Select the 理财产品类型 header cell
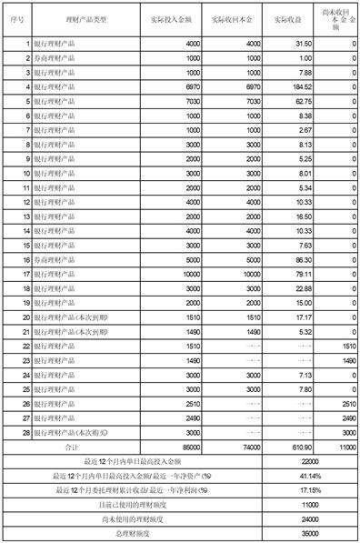(x=85, y=18)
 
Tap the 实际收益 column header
(x=289, y=18)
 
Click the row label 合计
(x=85, y=447)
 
